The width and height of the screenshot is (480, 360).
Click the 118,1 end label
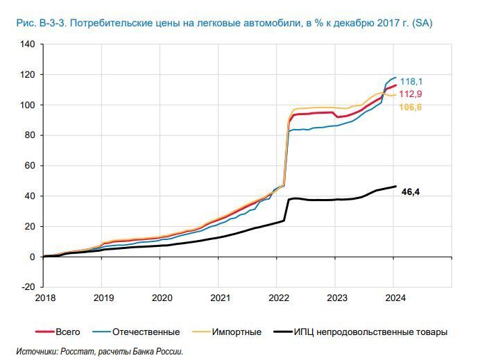tap(411, 81)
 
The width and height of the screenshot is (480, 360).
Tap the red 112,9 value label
tap(411, 94)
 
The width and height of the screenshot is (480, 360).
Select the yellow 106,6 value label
tap(411, 107)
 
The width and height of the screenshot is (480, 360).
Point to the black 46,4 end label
tap(411, 191)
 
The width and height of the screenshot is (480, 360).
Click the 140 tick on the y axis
tap(28, 44)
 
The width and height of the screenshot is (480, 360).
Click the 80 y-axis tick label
tap(30, 135)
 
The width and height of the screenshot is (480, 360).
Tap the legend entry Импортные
tap(237, 332)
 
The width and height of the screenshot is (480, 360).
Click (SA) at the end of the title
tap(422, 24)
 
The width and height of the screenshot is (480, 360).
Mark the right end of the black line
tap(395, 186)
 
